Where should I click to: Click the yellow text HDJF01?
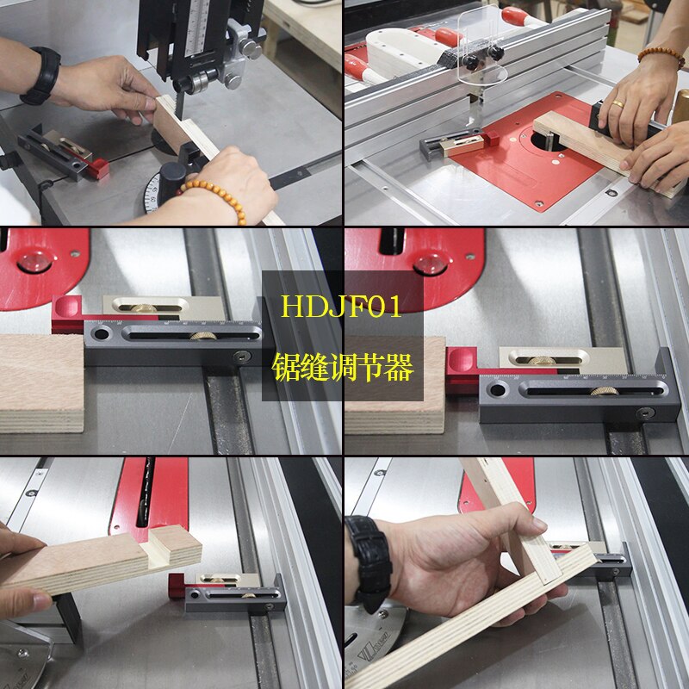coord(343,307)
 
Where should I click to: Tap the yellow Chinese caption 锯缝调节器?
coord(343,369)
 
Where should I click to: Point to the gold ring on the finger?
coord(618,104)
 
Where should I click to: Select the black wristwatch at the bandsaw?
coord(41,76)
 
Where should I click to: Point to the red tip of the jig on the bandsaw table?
coord(100,169)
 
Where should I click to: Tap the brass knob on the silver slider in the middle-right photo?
coord(541,362)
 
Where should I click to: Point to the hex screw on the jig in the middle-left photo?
coord(246,356)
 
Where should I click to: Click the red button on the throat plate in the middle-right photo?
coord(429,264)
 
